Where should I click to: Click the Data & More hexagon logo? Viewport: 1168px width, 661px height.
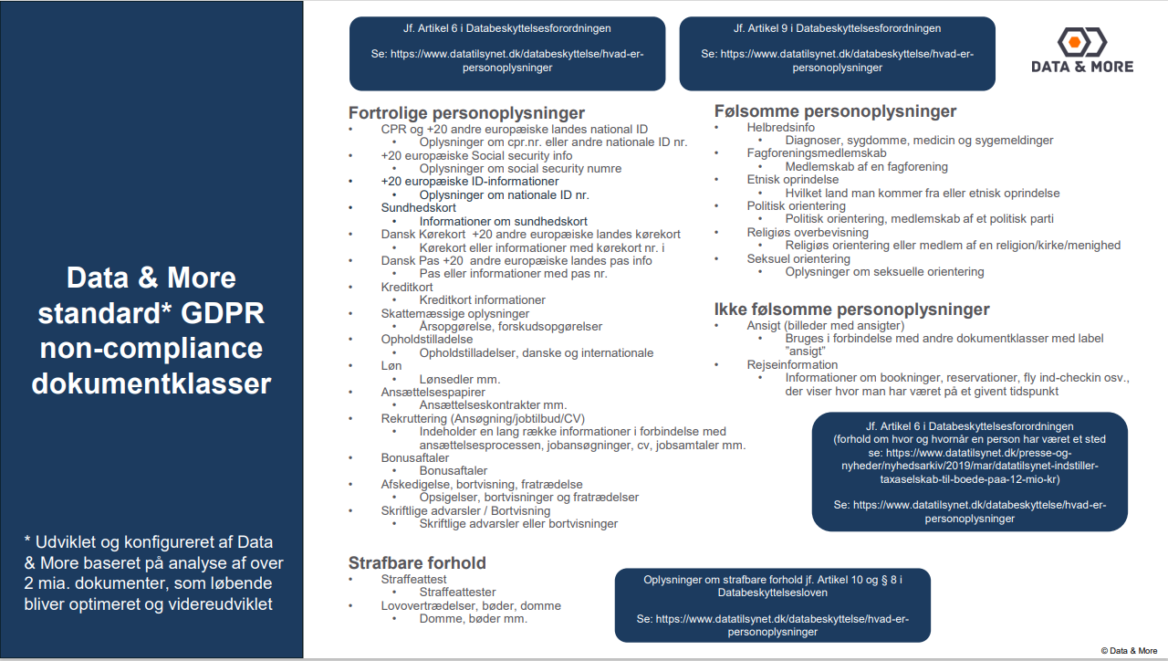(x=1081, y=42)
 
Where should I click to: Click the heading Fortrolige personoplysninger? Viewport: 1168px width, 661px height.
(x=466, y=113)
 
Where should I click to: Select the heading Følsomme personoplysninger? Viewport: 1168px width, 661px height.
(x=836, y=111)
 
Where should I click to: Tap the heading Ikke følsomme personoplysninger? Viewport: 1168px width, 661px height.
(x=852, y=310)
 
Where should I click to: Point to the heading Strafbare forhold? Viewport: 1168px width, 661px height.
(x=417, y=562)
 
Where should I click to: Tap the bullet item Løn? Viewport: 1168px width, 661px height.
(x=392, y=365)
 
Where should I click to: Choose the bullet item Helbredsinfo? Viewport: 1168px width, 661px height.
(x=781, y=128)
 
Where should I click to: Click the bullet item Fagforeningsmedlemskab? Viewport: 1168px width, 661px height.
(x=817, y=153)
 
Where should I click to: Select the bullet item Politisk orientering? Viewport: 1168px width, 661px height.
(x=797, y=205)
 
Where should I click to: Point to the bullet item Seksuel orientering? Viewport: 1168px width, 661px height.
(x=798, y=258)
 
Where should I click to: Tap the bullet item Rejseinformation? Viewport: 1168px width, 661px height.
(x=792, y=364)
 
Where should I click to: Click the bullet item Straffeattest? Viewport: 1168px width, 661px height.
(x=413, y=579)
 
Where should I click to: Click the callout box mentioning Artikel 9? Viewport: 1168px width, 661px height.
(x=837, y=53)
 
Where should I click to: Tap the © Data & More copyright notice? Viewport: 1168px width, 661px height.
(x=1129, y=651)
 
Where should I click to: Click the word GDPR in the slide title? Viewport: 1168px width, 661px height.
(x=224, y=313)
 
